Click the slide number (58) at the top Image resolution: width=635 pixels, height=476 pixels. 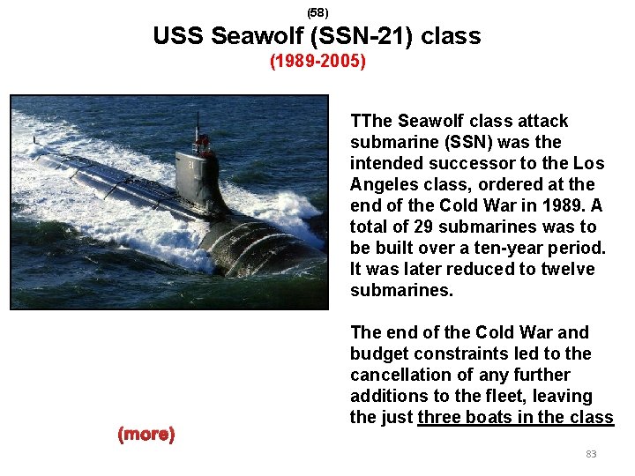point(317,12)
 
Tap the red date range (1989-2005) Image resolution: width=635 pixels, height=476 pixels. point(317,63)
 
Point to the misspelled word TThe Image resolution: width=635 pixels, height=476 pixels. point(371,121)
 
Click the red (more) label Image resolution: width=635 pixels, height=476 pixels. point(146,434)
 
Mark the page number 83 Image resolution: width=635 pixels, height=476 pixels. point(591,454)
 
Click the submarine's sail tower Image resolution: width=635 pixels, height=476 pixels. point(196,176)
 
